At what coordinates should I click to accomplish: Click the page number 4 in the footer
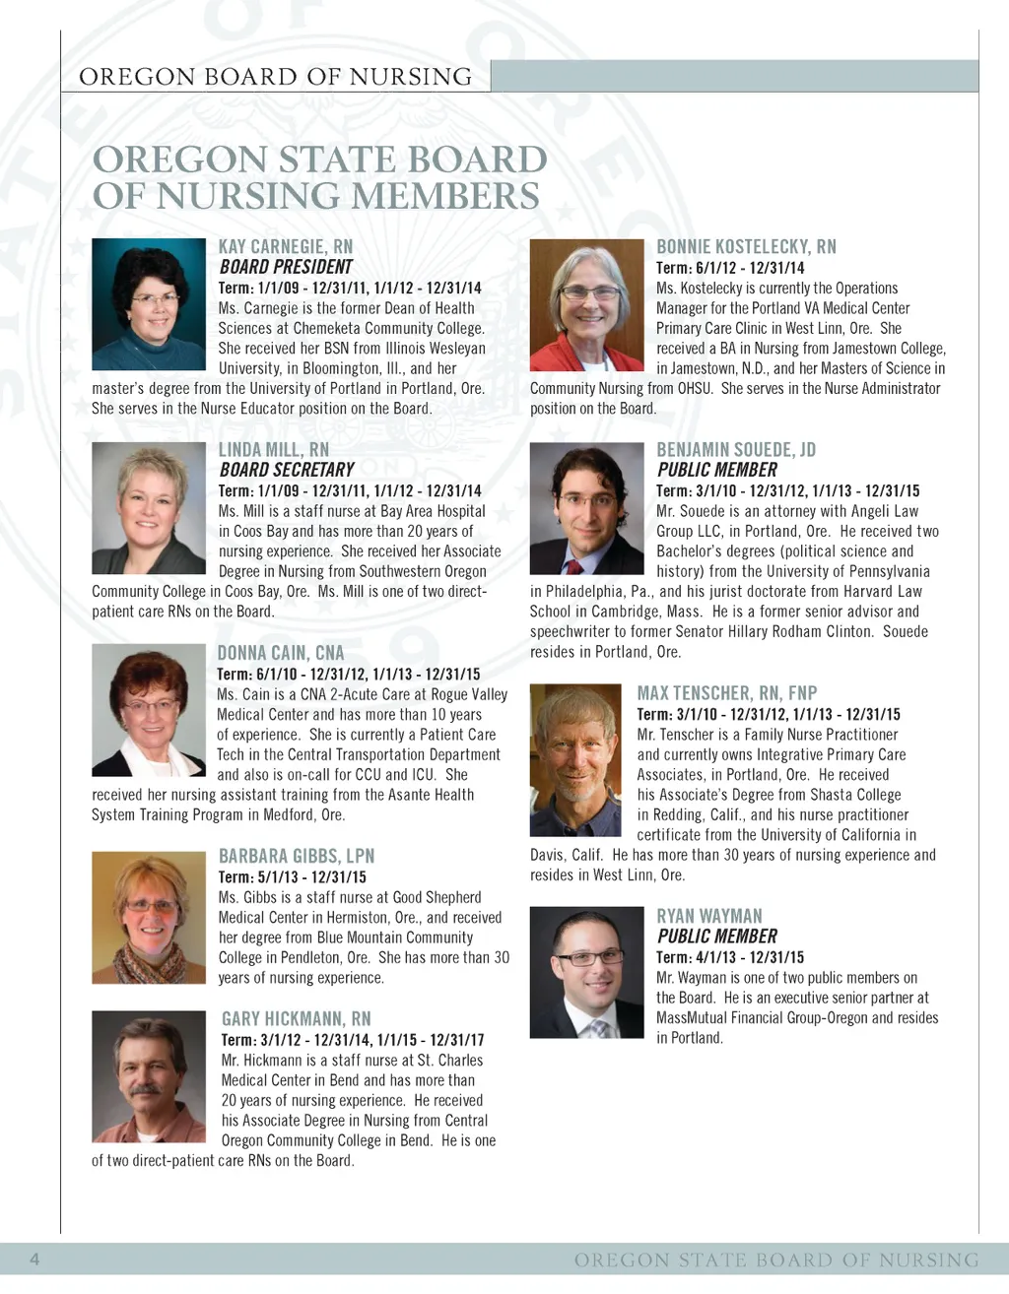(34, 1259)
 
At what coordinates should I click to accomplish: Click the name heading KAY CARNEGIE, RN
(285, 246)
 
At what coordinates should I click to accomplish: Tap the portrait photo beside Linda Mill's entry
(149, 508)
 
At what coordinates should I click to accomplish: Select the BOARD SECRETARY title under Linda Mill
(286, 470)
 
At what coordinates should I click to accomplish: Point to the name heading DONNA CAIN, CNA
(281, 653)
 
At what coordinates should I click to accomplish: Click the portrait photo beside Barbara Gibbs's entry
(149, 918)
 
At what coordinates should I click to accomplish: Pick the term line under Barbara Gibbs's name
(292, 876)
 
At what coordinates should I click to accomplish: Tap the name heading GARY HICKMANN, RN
(296, 1019)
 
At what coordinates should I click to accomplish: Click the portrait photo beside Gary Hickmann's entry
(149, 1076)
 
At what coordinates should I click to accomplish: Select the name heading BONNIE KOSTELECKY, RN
(746, 246)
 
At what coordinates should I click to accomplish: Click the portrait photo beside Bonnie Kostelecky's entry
(586, 305)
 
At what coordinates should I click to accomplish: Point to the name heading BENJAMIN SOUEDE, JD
(736, 450)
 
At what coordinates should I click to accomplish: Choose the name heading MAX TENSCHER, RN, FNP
(727, 693)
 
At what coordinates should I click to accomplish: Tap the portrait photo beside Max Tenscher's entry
(575, 760)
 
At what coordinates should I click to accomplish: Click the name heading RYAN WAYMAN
(709, 916)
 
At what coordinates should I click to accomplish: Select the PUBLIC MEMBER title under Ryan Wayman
(716, 937)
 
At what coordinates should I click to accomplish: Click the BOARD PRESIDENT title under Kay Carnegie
(285, 266)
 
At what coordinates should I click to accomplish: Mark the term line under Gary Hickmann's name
(353, 1040)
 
